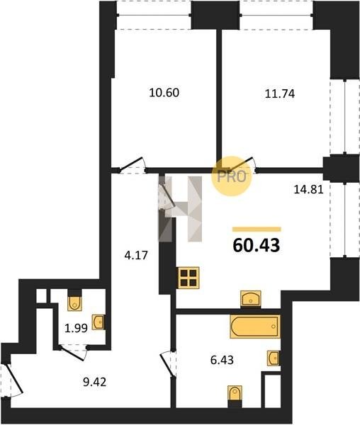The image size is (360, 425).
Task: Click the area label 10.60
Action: [164, 93]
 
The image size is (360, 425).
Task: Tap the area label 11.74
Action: [280, 93]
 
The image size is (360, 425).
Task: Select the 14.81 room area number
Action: [309, 189]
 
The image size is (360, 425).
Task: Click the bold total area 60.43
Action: [256, 246]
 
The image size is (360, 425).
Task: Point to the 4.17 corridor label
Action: [136, 255]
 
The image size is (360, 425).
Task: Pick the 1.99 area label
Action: [76, 329]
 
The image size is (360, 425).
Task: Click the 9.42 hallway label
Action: [95, 382]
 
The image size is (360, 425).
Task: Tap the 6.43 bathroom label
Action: [222, 360]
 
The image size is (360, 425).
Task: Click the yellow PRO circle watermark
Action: [232, 176]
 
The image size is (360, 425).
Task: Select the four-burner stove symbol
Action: [189, 278]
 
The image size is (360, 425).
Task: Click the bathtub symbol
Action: [255, 327]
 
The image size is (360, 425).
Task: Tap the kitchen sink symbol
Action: [251, 299]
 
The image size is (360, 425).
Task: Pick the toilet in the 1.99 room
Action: [75, 303]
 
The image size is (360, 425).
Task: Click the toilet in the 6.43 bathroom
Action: [235, 393]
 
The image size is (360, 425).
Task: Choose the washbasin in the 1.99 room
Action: [98, 322]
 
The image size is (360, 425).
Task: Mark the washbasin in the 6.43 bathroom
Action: [274, 358]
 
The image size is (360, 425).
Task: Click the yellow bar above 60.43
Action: [257, 229]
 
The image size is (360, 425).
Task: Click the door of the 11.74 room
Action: [240, 164]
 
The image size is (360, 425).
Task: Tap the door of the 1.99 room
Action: [73, 352]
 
